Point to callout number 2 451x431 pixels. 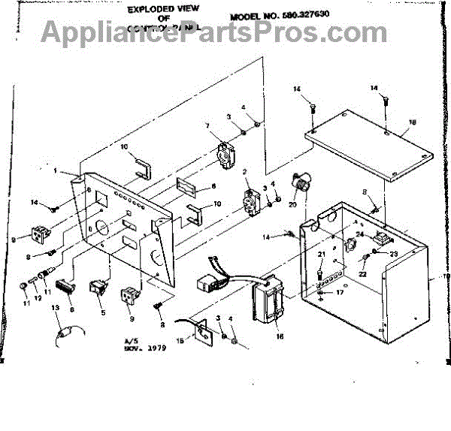coord(245,172)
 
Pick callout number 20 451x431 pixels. coord(292,204)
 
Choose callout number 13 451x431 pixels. coord(54,309)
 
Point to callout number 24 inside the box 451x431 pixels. coord(359,234)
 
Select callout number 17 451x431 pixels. coord(340,292)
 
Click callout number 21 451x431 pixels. coord(321,255)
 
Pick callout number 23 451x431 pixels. coord(392,254)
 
